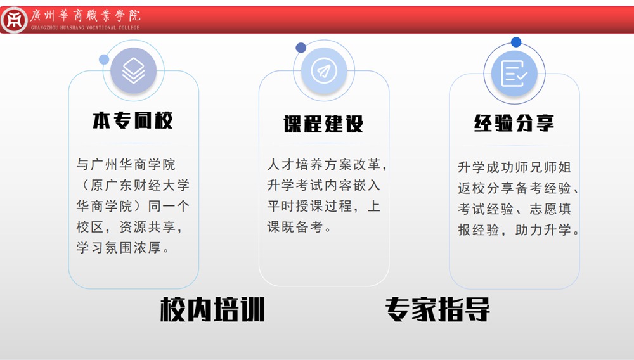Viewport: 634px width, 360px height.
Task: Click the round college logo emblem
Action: tap(14, 20)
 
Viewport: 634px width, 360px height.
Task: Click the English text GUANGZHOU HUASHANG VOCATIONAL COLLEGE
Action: tap(86, 27)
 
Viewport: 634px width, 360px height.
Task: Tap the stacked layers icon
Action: tap(133, 70)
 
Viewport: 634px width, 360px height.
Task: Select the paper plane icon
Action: tap(324, 70)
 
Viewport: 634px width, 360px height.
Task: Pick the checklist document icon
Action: tap(514, 74)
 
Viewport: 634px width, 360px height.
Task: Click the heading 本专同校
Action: tap(133, 120)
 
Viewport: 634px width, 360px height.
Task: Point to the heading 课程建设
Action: tap(323, 124)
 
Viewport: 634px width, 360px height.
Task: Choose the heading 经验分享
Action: tap(514, 123)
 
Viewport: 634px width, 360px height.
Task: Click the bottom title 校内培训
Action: tap(212, 309)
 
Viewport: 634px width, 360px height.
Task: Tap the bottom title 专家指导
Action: tap(437, 309)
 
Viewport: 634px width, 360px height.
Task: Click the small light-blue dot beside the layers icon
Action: tap(104, 60)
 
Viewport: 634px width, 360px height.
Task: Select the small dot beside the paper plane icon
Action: tap(301, 48)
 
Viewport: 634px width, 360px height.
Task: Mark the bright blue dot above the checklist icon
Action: tap(516, 42)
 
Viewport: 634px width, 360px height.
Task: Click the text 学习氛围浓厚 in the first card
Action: tap(119, 248)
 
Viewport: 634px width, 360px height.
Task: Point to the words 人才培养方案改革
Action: tap(324, 164)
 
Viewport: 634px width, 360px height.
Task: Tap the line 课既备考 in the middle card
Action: tap(295, 227)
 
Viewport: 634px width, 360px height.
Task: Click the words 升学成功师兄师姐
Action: tap(514, 167)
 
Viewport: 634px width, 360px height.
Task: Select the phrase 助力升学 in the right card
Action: tap(543, 230)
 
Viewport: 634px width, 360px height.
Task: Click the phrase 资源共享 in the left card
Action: tap(148, 227)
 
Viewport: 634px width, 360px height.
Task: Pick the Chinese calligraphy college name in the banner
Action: tap(86, 15)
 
